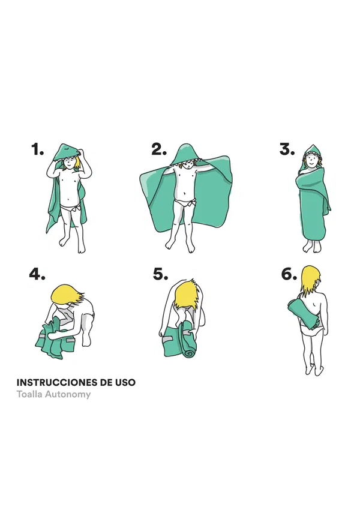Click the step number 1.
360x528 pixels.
(37, 149)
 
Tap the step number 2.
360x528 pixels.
(159, 149)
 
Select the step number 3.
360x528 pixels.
(287, 149)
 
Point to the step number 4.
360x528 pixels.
(37, 274)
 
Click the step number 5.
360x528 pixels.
(161, 274)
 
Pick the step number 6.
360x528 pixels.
(289, 274)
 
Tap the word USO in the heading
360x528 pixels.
(125, 383)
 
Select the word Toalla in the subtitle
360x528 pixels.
(29, 394)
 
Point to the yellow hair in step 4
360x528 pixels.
(67, 295)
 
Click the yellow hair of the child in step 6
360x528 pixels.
(310, 280)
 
